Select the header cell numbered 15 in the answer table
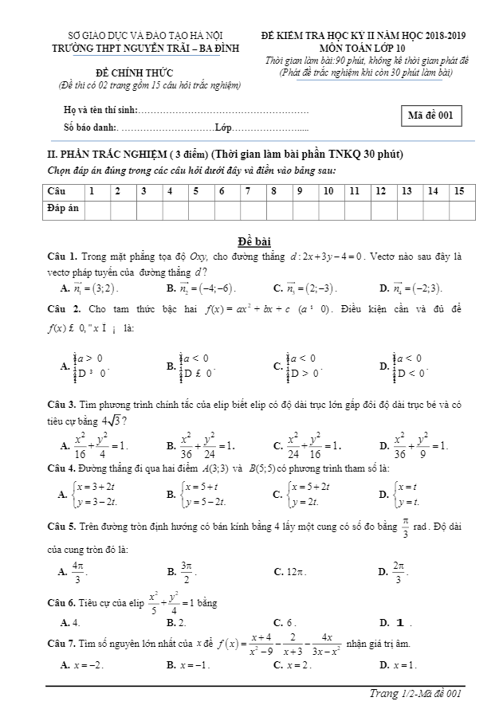coord(458,191)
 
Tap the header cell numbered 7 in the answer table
coord(248,191)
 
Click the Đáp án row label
coord(62,208)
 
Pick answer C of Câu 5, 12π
coord(293,572)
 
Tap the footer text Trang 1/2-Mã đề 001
coord(414,695)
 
